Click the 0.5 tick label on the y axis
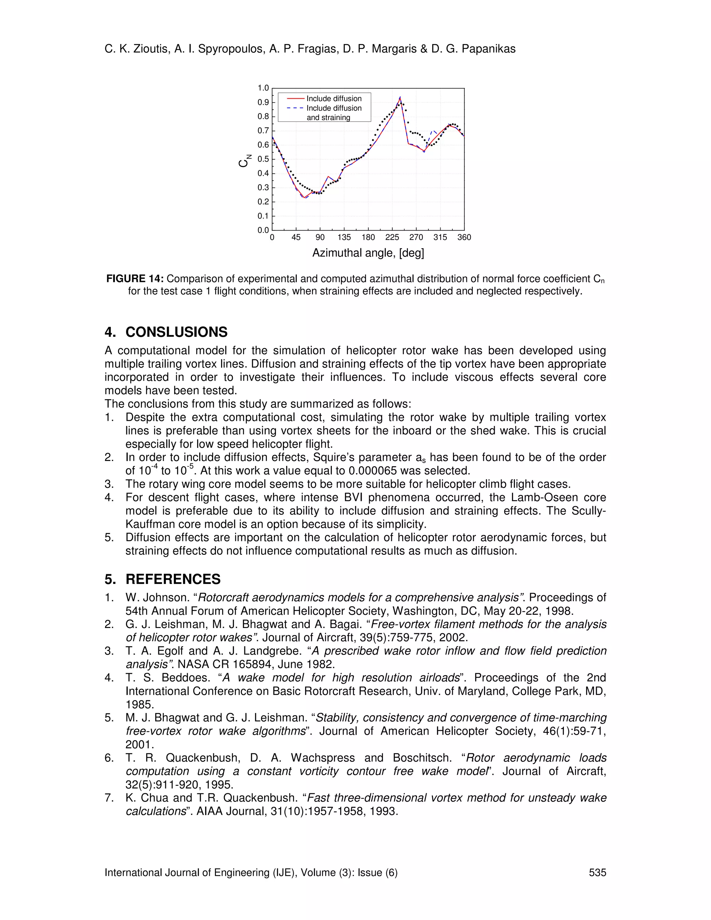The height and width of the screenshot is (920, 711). (263, 159)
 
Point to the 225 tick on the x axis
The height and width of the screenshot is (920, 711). (392, 237)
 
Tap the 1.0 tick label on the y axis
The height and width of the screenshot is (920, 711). (263, 88)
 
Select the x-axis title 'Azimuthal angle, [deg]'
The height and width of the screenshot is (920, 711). (368, 253)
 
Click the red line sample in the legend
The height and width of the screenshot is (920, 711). (295, 99)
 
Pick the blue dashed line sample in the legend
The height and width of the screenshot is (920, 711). (295, 108)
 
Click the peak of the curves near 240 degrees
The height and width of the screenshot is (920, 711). (400, 97)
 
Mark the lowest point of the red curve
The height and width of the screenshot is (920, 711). (304, 198)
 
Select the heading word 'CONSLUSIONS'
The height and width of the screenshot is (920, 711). (176, 332)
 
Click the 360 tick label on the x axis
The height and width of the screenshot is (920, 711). (464, 237)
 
